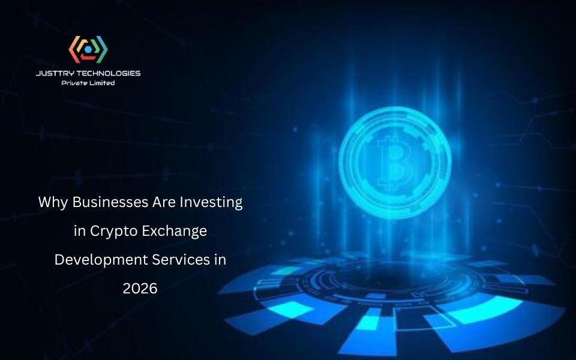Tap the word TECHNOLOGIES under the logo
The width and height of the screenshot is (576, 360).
[107, 73]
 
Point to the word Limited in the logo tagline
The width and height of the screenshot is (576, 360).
[102, 83]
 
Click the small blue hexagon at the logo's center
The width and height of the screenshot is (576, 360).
[88, 50]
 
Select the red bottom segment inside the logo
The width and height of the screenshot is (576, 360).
[88, 58]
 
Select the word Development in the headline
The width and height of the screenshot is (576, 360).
[97, 260]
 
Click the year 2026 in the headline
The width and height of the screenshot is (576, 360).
[140, 289]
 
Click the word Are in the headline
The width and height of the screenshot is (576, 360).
[161, 202]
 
